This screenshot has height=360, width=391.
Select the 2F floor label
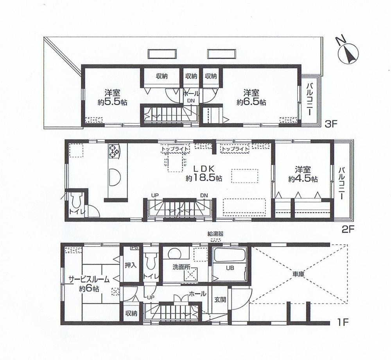pyautogui.click(x=348, y=229)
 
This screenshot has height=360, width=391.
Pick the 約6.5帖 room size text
pyautogui.click(x=251, y=102)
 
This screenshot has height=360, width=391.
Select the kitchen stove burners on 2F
pyautogui.click(x=115, y=152)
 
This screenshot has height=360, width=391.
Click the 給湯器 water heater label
pyautogui.click(x=215, y=234)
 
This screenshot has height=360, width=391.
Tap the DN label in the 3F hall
pyautogui.click(x=191, y=101)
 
